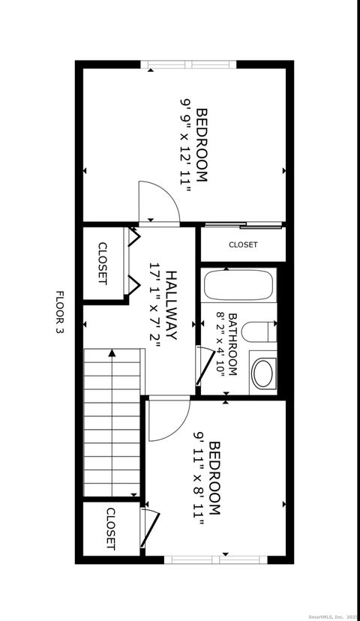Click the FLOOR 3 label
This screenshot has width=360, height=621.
61,312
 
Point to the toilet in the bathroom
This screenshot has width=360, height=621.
260,332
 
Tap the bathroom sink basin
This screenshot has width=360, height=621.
263,372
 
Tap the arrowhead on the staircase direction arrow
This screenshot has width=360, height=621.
112,353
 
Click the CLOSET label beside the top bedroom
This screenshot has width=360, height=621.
243,244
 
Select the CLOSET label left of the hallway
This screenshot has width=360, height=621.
103,263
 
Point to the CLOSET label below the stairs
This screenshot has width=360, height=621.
110,529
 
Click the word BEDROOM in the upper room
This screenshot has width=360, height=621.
202,145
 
